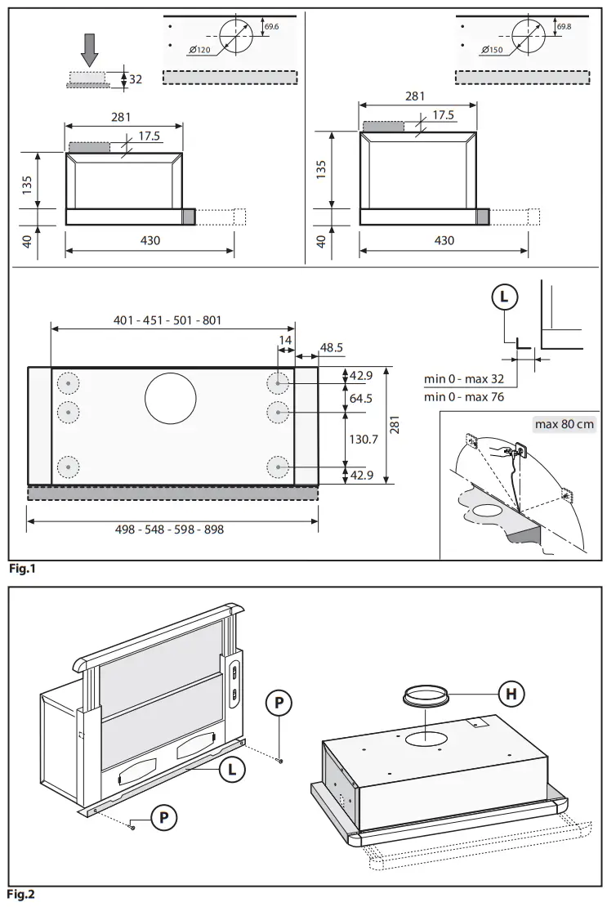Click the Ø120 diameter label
(199, 51)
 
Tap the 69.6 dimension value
(272, 27)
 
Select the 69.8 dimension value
(564, 27)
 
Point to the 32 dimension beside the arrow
(136, 79)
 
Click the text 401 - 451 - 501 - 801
(167, 321)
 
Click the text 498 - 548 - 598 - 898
(170, 529)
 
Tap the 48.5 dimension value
(331, 347)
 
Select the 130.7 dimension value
(363, 439)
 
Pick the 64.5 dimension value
(360, 398)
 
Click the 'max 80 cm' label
(564, 424)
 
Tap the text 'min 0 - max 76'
(464, 396)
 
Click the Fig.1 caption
(22, 569)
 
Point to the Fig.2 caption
(22, 896)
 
